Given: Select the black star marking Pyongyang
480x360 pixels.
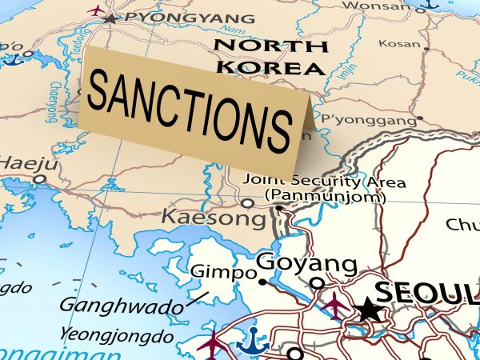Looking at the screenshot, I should (x=110, y=18).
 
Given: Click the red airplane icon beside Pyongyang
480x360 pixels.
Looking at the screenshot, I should (x=95, y=10).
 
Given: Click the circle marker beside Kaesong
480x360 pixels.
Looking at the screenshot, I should (x=248, y=203).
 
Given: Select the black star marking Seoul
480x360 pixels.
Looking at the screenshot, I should (x=369, y=309).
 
